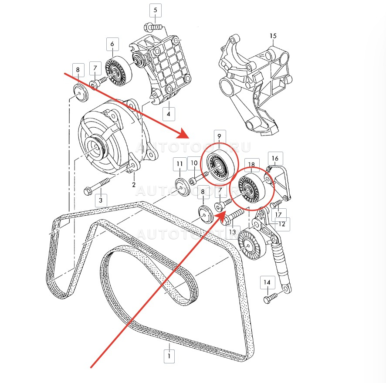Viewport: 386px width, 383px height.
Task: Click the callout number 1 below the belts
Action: (x=169, y=356)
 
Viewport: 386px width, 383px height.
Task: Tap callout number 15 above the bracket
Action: (x=273, y=36)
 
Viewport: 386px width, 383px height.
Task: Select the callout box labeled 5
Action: (x=156, y=9)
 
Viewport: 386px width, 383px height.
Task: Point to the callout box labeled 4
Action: (x=168, y=114)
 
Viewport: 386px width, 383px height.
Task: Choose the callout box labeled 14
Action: (x=267, y=283)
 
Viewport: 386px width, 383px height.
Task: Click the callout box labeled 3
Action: (x=101, y=200)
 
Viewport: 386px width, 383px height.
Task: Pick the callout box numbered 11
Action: (x=179, y=164)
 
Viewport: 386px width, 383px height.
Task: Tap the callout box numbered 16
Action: (x=275, y=158)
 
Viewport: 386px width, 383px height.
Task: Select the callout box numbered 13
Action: (x=232, y=232)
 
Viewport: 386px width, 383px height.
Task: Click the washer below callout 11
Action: (x=182, y=183)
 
